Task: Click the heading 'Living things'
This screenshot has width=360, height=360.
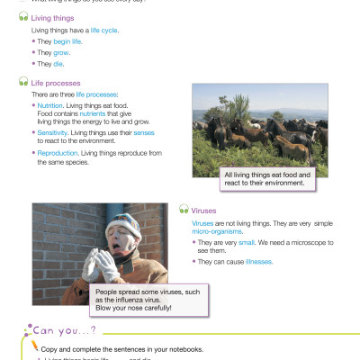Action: (x=53, y=16)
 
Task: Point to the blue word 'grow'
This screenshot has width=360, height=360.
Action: (x=62, y=53)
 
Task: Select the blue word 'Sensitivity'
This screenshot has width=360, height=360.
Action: (x=53, y=130)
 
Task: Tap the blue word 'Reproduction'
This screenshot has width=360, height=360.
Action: (x=57, y=154)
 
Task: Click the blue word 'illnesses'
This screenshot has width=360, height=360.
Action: (x=254, y=262)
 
